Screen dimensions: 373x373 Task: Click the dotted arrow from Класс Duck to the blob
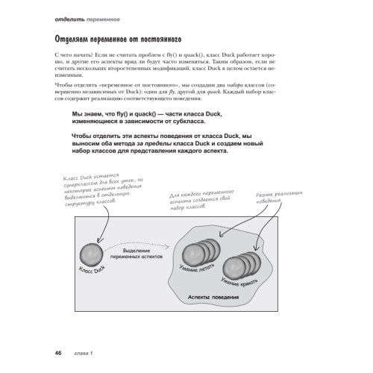point(142,265)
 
